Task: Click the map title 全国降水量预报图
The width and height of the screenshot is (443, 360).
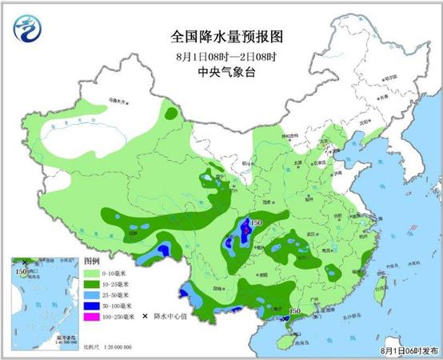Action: pos(221,37)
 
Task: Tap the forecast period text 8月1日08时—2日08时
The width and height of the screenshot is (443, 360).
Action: pos(221,55)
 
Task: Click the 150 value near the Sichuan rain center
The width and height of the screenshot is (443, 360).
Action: pos(257,223)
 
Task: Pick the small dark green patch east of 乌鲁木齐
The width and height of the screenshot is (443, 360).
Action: pos(171,114)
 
